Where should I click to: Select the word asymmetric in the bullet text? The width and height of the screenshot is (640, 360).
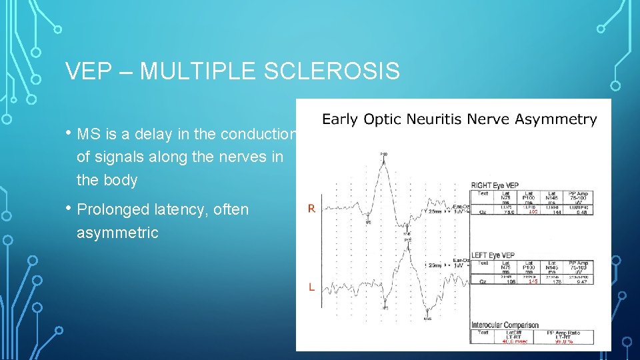[x=117, y=233]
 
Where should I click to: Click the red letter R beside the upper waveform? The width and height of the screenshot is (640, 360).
[x=311, y=209]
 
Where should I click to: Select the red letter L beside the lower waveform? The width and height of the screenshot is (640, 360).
[x=311, y=287]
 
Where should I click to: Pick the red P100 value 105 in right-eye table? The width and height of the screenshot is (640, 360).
[x=533, y=212]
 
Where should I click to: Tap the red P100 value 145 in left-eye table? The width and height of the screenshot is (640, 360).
[x=533, y=281]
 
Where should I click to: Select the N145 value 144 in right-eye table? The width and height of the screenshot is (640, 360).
[x=557, y=212]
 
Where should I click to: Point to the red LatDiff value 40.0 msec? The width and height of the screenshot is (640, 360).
[x=515, y=341]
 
